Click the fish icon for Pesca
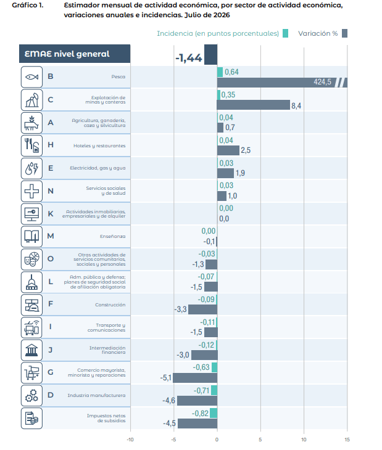tap(31, 77)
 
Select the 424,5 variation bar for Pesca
tap(282, 83)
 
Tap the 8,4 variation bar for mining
tap(253, 105)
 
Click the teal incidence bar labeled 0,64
tap(220, 72)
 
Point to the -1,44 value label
tap(189, 58)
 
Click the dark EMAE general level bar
tap(210, 54)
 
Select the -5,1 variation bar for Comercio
tap(195, 378)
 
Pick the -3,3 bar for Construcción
tap(203, 309)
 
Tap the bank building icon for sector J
tap(31, 350)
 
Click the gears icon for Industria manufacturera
tap(31, 396)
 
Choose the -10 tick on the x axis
tap(130, 440)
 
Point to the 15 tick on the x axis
tap(347, 440)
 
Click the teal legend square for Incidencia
tap(285, 33)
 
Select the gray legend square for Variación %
tap(344, 33)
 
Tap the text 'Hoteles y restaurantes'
tap(99, 146)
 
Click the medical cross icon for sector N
tap(31, 191)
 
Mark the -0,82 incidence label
tap(200, 413)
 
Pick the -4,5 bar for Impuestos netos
tap(197, 423)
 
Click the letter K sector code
tap(51, 214)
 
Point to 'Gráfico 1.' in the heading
tap(28, 5)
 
